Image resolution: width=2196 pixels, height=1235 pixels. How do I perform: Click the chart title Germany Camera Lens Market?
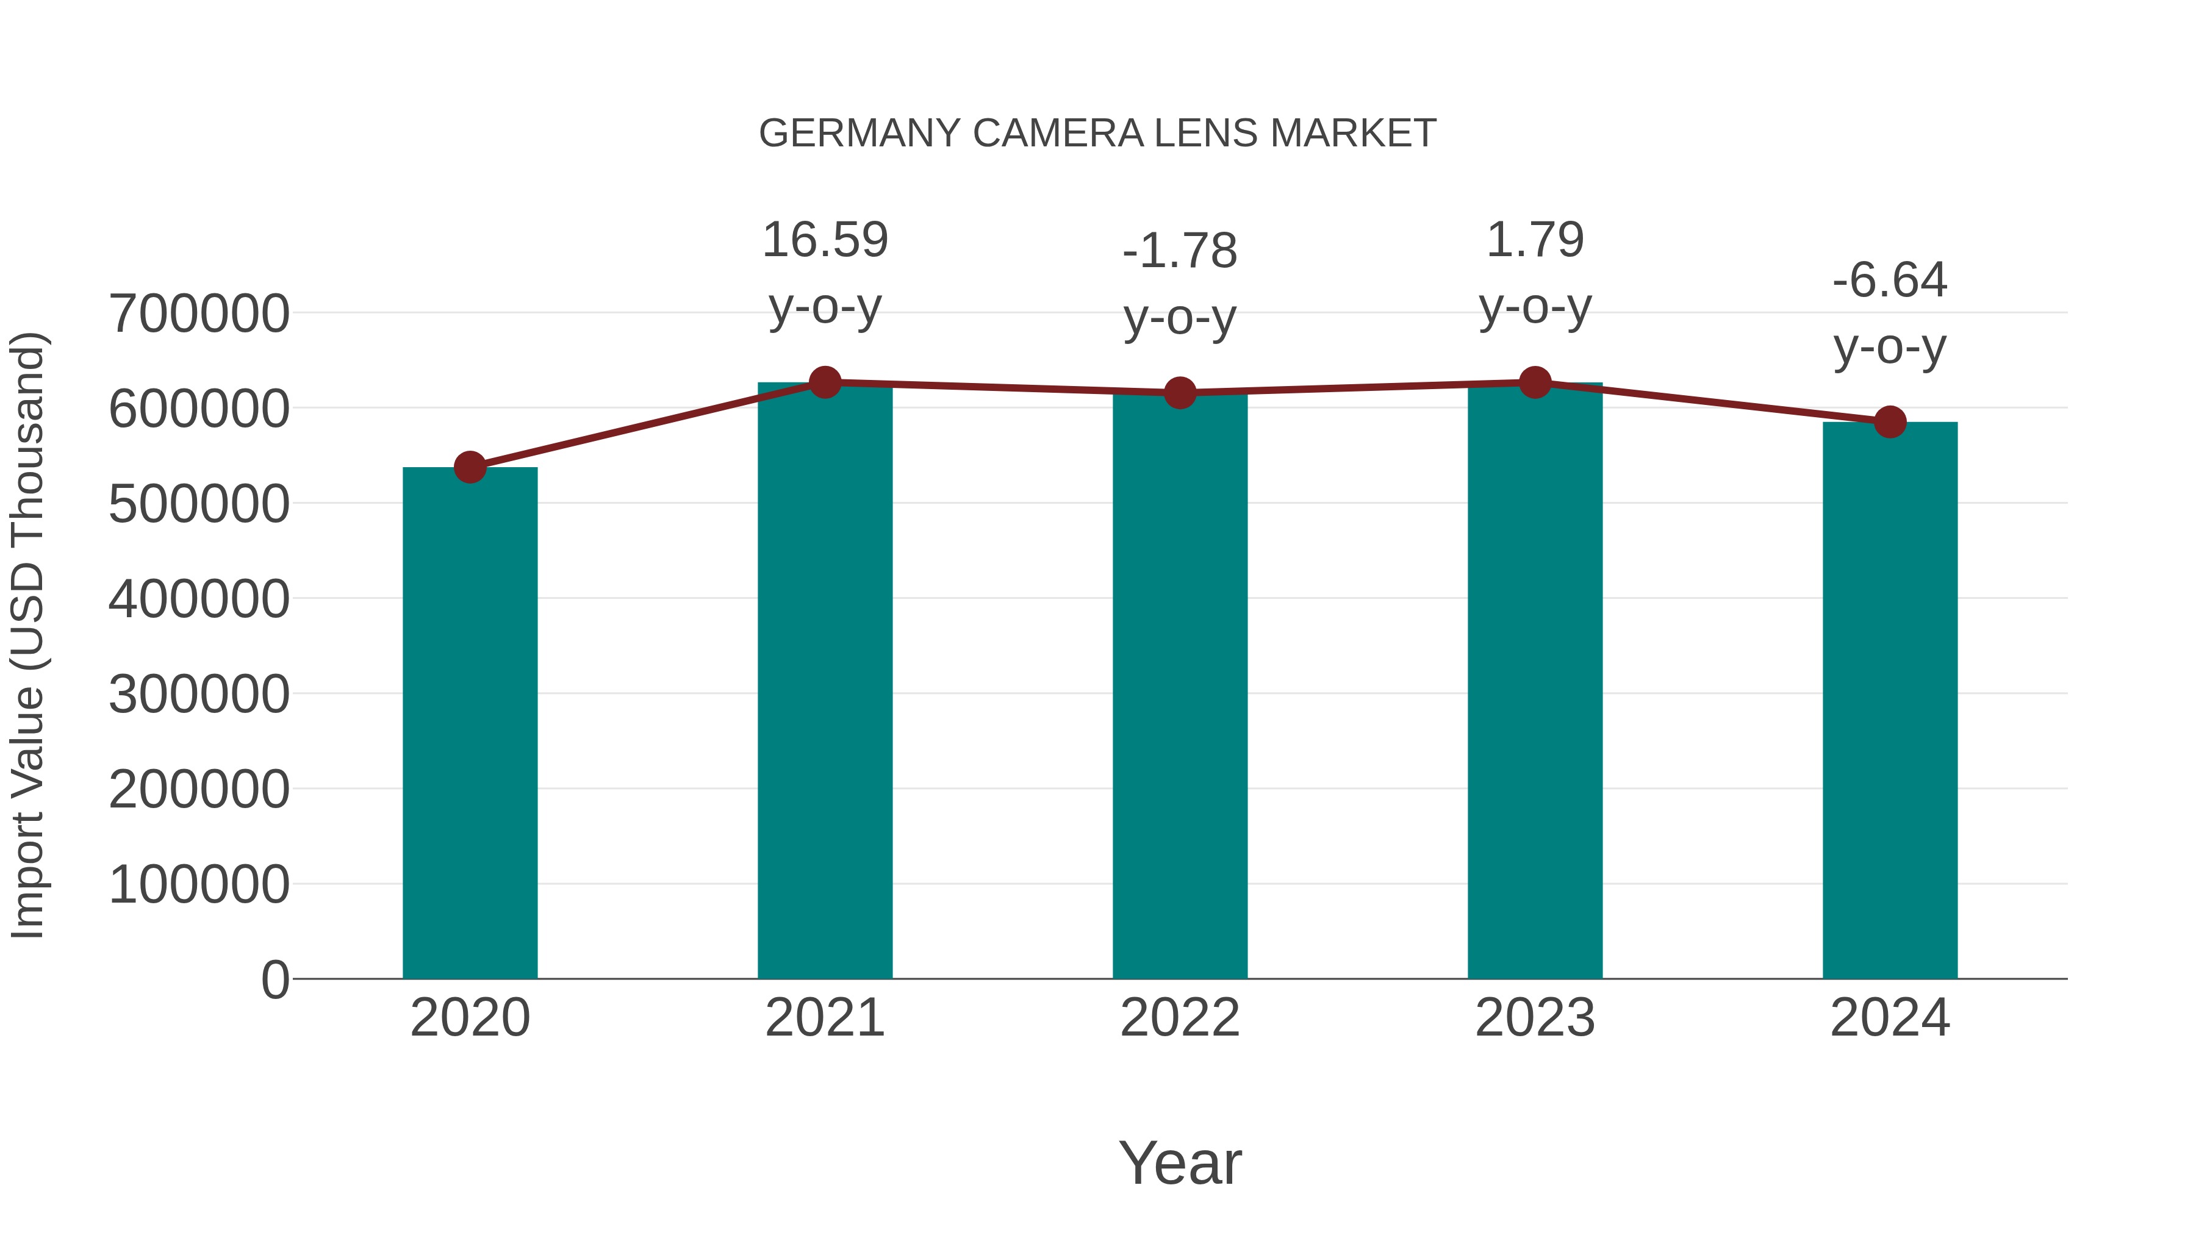tap(1097, 134)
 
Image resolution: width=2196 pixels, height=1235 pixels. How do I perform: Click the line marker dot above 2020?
tap(470, 467)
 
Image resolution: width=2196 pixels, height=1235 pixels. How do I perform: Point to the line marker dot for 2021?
tap(825, 382)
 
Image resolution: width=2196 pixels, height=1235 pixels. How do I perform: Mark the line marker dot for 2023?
tap(1535, 382)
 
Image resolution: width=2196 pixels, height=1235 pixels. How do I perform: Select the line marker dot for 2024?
tap(1890, 422)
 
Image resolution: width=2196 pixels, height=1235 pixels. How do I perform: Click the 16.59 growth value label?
tap(825, 240)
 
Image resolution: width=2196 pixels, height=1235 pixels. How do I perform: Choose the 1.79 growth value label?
tap(1535, 240)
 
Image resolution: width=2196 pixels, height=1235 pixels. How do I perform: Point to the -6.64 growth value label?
tap(1890, 281)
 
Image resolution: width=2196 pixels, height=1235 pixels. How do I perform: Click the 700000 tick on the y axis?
tap(199, 313)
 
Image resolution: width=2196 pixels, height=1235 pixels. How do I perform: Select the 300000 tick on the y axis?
tap(199, 695)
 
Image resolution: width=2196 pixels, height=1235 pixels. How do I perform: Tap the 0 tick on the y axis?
tap(275, 980)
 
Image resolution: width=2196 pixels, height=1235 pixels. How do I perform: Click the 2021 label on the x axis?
tap(825, 1018)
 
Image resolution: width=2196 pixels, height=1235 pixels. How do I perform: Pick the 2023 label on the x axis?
tap(1535, 1018)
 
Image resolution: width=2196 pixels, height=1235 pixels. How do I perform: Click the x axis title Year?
tap(1180, 1164)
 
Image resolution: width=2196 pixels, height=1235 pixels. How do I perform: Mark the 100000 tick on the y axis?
tap(199, 885)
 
